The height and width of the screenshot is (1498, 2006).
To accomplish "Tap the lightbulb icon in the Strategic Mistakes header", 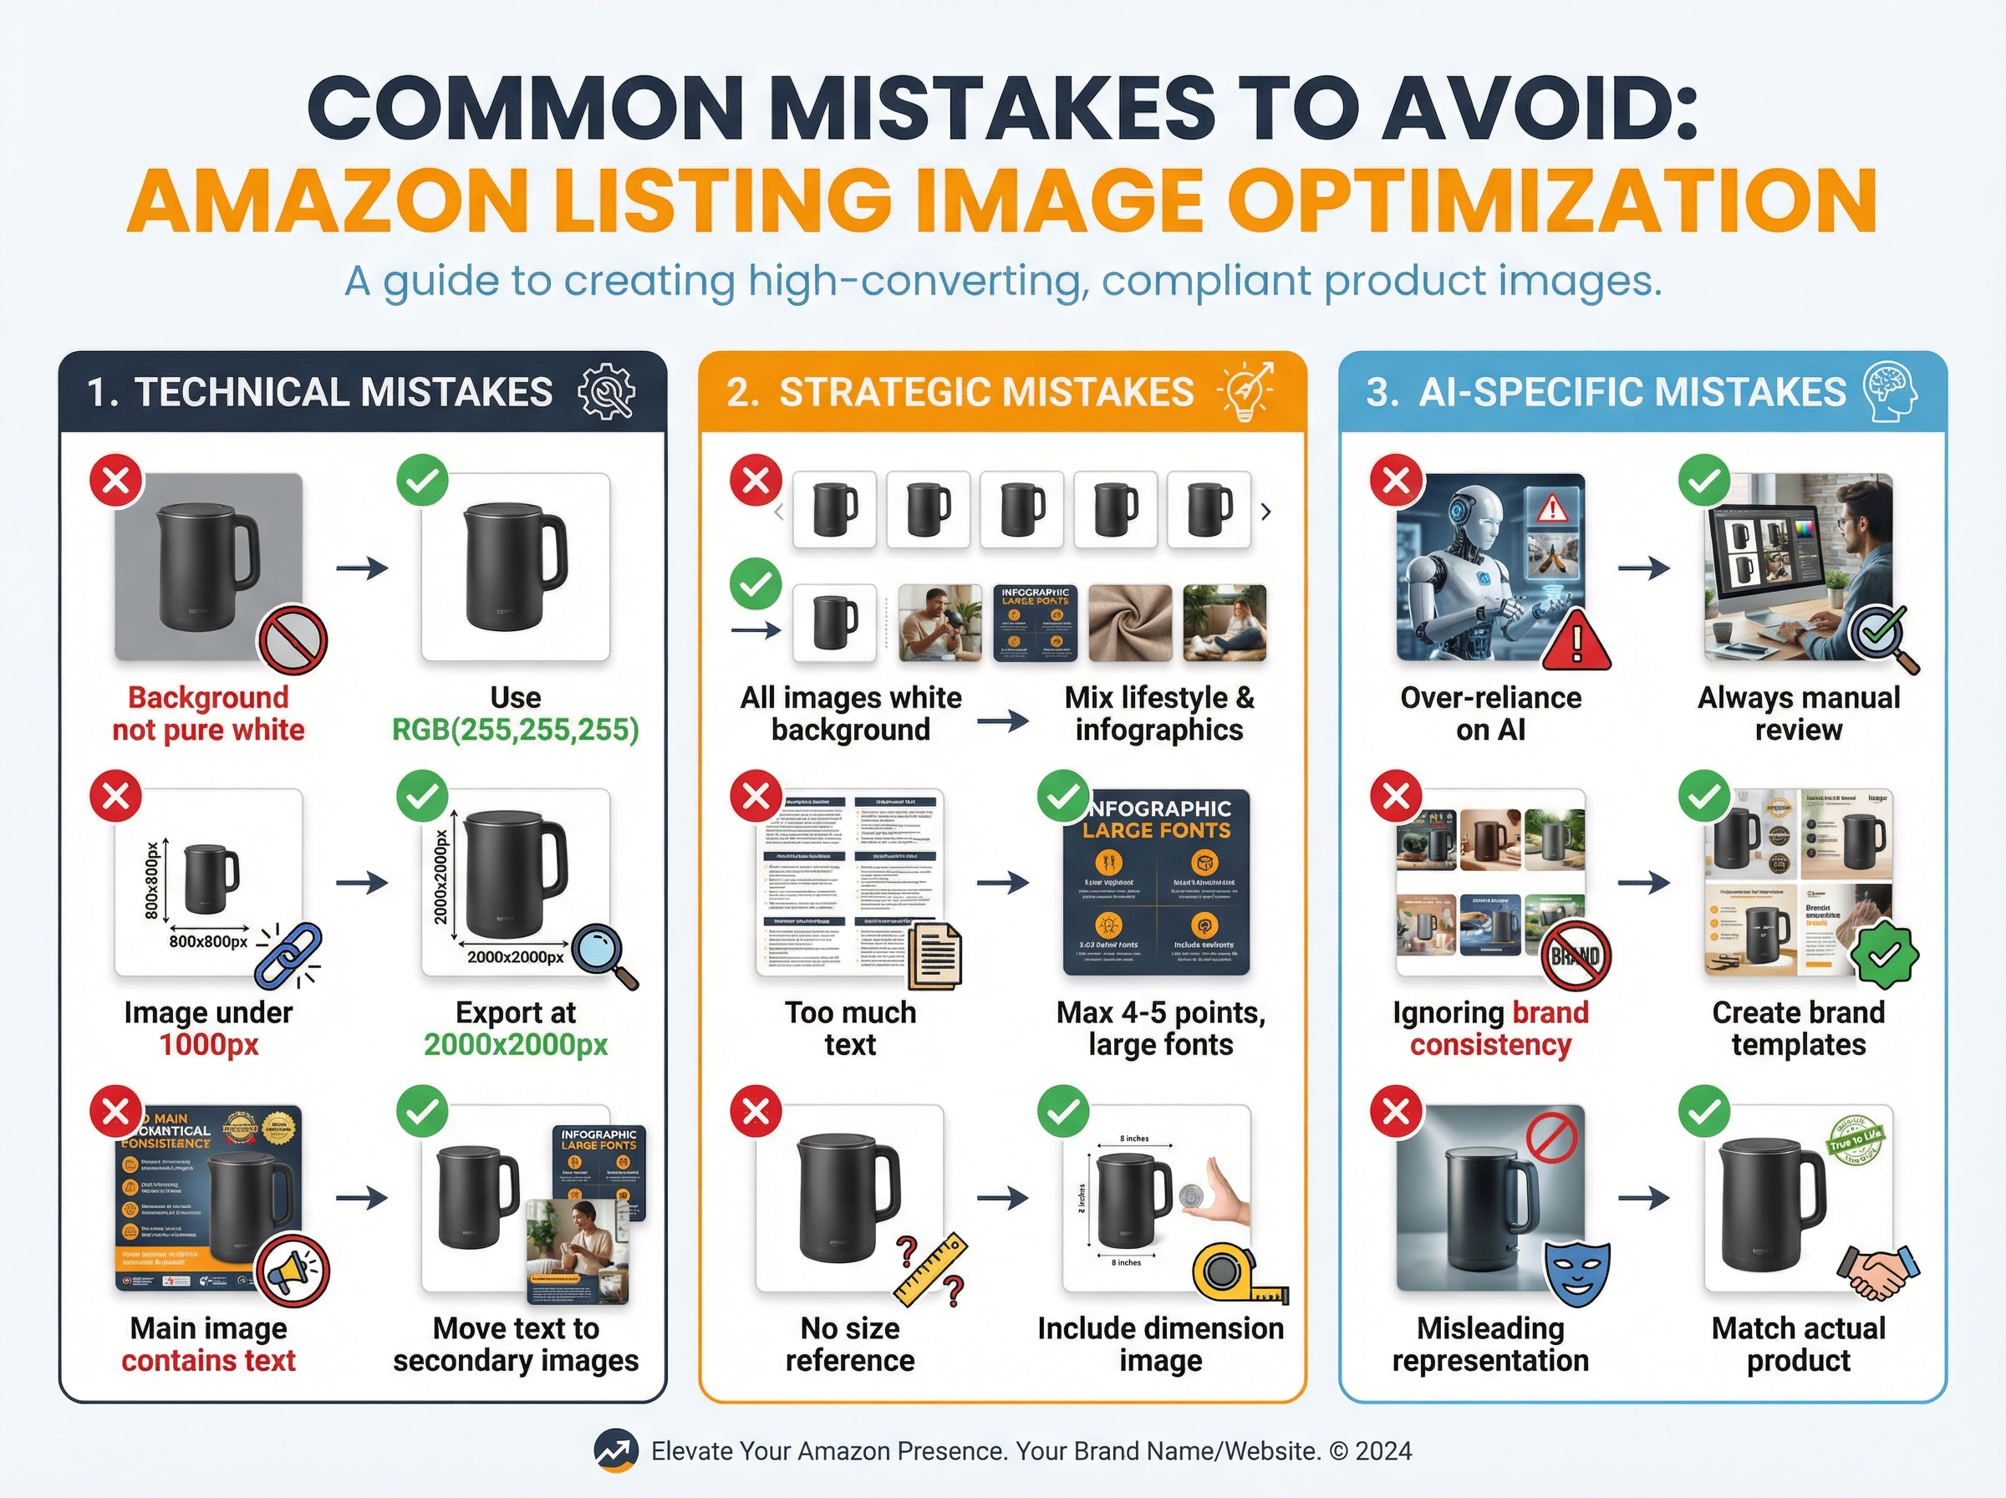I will (1246, 391).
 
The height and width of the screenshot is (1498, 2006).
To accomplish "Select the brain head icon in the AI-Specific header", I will (1890, 391).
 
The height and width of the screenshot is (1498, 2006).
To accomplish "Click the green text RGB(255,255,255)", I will (515, 729).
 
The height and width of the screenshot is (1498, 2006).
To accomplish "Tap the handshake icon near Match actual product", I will (1878, 1272).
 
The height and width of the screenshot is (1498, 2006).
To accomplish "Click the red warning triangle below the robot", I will (1576, 640).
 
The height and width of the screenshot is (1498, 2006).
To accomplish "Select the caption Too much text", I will (850, 1027).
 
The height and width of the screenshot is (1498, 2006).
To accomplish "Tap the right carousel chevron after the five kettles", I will (1265, 512).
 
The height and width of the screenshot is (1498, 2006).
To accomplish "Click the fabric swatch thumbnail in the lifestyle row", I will (1129, 622).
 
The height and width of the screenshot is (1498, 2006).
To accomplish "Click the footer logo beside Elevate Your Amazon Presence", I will (615, 1451).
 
